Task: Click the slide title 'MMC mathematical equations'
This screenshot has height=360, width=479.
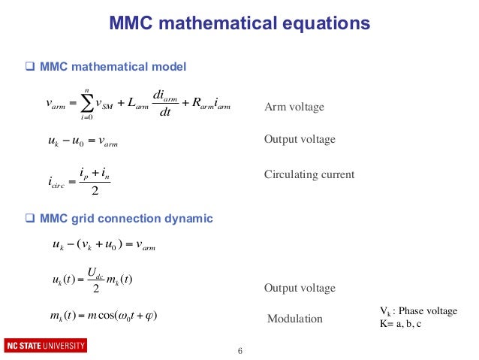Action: click(x=239, y=23)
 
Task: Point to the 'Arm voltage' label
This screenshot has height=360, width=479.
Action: click(x=294, y=107)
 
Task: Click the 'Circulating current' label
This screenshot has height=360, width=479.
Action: click(x=309, y=175)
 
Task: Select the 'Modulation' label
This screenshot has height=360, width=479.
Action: click(x=295, y=319)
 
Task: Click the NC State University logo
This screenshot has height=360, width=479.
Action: click(x=46, y=346)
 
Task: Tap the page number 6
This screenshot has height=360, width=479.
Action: click(x=239, y=351)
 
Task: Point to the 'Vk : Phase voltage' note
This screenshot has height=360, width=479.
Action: click(x=415, y=311)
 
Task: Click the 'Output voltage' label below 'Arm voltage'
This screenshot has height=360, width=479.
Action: click(x=300, y=140)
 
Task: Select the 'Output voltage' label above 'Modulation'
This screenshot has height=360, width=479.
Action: click(x=300, y=289)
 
